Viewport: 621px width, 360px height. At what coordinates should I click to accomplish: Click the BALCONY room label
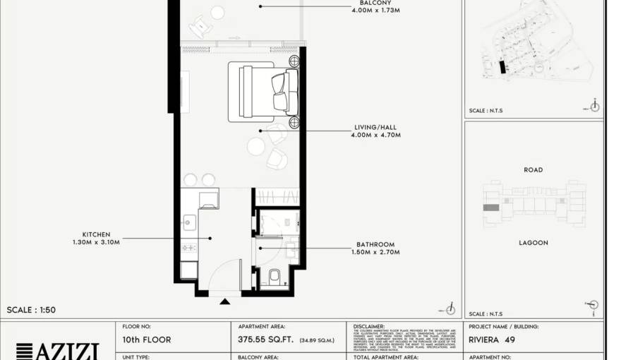click(x=375, y=2)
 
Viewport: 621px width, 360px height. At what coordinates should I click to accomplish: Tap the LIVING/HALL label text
click(x=375, y=128)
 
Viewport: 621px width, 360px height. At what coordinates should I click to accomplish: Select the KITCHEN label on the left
click(x=96, y=235)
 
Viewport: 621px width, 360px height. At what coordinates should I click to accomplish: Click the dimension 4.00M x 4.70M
click(x=375, y=135)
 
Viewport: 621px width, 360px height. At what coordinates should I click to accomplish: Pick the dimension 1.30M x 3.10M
click(x=96, y=242)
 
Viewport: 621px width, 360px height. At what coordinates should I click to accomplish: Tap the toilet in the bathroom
click(x=274, y=277)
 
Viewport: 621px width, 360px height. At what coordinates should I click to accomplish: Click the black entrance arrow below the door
click(x=224, y=301)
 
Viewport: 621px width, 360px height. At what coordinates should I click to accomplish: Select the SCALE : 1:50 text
click(x=31, y=310)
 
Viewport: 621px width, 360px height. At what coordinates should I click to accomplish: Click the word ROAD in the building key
click(x=533, y=170)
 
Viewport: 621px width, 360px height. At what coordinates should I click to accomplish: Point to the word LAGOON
click(x=533, y=243)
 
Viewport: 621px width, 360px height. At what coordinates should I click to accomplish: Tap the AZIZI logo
click(x=57, y=350)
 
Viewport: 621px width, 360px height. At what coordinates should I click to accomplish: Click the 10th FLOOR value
click(x=147, y=340)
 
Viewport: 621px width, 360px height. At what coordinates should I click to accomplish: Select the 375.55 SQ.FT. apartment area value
click(x=269, y=340)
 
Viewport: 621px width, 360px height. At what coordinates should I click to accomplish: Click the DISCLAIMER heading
click(x=369, y=327)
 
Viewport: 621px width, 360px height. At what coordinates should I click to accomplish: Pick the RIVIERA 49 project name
click(x=492, y=340)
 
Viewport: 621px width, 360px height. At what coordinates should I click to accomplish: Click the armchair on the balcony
click(x=200, y=28)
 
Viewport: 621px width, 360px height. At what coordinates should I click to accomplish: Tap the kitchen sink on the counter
click(x=188, y=222)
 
